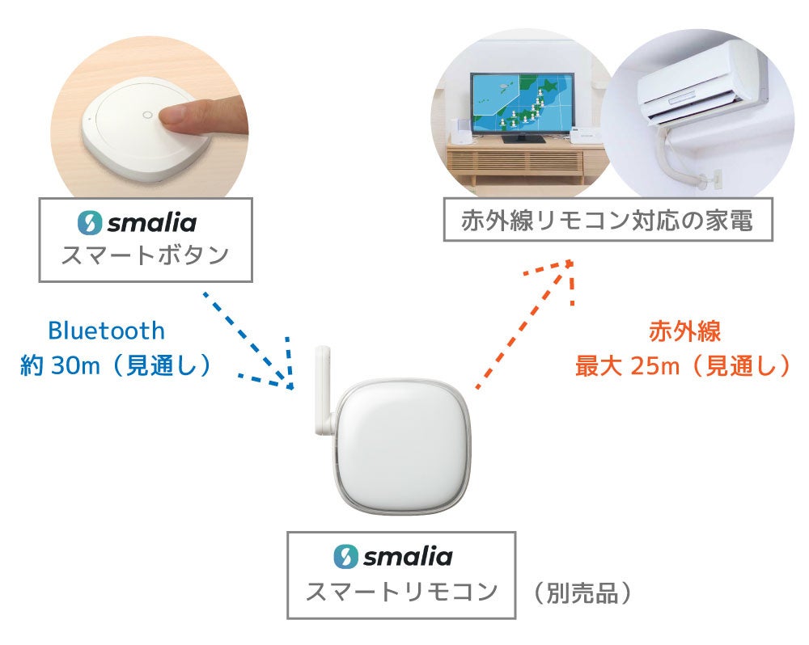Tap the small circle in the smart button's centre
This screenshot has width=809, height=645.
(x=146, y=115)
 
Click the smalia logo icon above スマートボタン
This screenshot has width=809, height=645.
(x=88, y=222)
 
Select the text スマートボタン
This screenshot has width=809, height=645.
(x=145, y=255)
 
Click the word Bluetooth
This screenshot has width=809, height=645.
(x=106, y=331)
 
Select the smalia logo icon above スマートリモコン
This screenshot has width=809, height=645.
(x=345, y=556)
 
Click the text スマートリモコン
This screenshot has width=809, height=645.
(x=400, y=592)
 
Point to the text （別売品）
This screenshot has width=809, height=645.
(x=582, y=594)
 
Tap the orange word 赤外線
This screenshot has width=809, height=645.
(x=684, y=331)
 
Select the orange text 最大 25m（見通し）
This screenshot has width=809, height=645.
(x=682, y=366)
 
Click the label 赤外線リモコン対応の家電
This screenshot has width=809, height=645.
(x=608, y=219)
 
